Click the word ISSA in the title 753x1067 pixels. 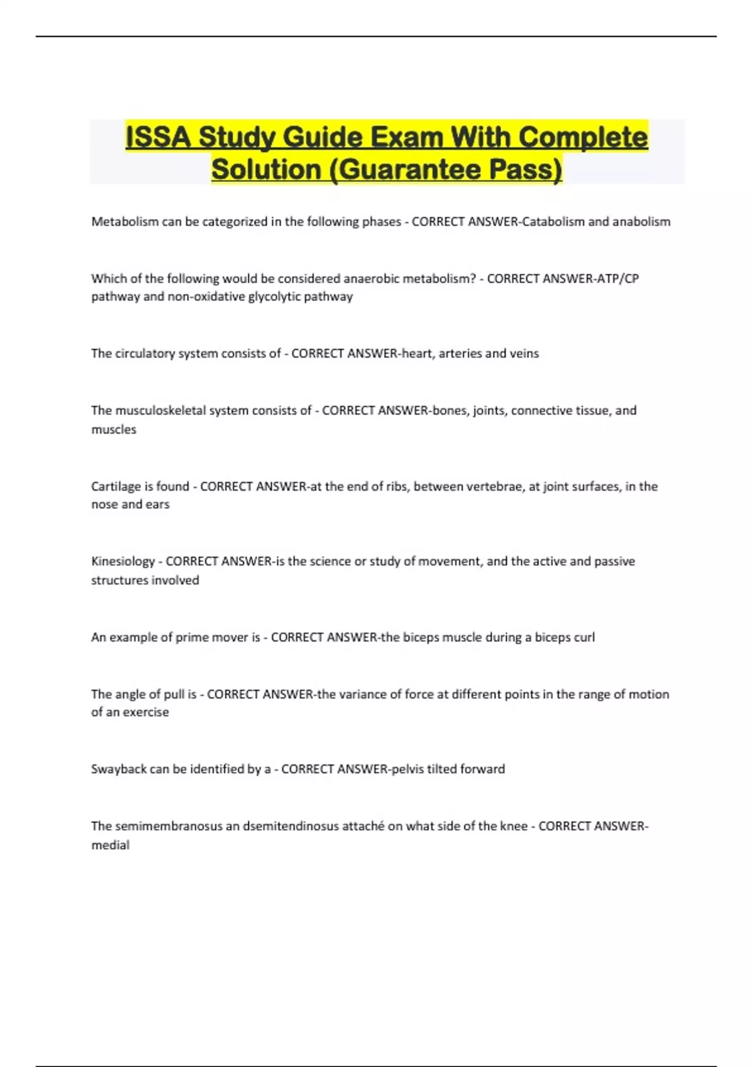pos(158,137)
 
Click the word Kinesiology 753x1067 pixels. pos(123,561)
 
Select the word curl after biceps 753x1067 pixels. pos(584,637)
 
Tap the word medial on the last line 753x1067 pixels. pos(110,845)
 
